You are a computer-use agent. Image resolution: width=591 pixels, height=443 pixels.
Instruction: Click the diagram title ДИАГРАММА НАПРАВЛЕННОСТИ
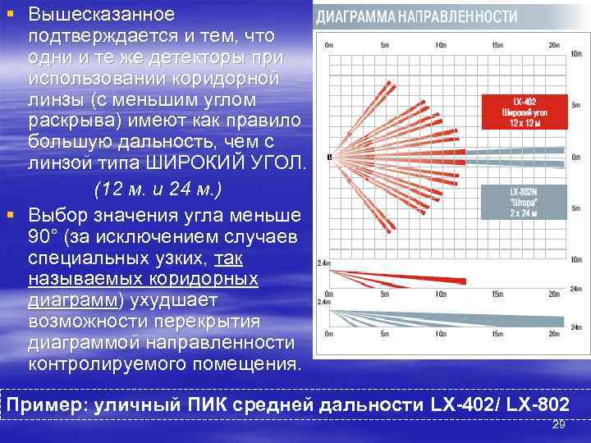(x=417, y=16)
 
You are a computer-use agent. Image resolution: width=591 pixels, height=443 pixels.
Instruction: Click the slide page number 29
(x=559, y=425)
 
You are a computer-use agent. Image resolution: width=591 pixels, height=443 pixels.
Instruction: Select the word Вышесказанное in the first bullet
(x=101, y=15)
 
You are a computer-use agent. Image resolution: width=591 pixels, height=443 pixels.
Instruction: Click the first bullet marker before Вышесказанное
(x=9, y=15)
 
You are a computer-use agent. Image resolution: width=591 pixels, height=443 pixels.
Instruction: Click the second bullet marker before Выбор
(x=9, y=216)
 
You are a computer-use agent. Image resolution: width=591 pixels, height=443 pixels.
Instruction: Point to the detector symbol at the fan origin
(x=329, y=156)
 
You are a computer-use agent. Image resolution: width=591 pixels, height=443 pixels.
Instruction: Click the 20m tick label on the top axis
(x=553, y=44)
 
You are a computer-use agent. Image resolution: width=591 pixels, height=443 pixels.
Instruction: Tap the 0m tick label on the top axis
(x=329, y=44)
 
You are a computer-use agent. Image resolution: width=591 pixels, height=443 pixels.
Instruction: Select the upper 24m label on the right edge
(x=575, y=289)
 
